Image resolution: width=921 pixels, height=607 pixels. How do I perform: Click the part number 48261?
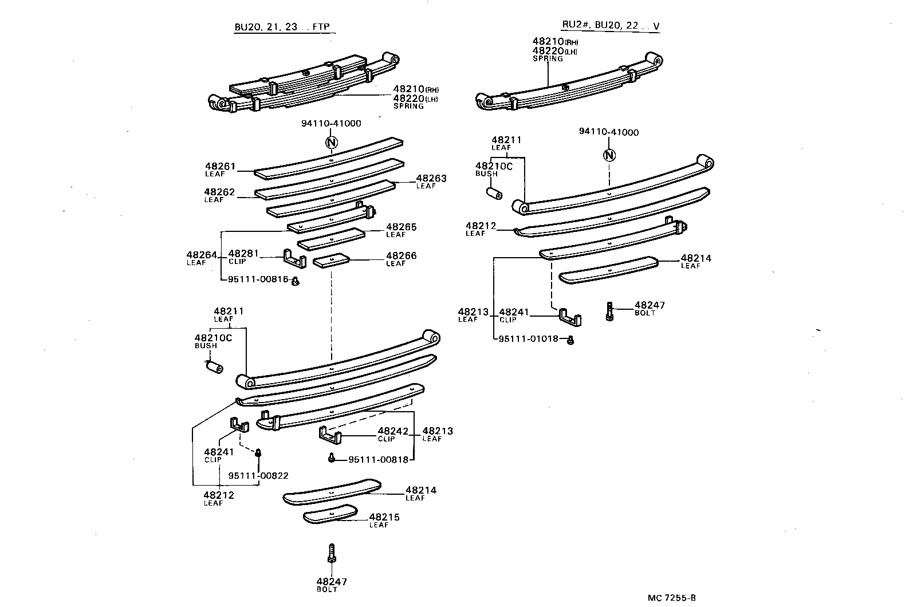pyautogui.click(x=221, y=166)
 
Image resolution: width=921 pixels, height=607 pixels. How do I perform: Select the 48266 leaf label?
pyautogui.click(x=401, y=256)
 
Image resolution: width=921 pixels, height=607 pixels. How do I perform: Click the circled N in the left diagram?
pyautogui.click(x=331, y=143)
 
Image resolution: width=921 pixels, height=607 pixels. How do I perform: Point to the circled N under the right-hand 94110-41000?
pyautogui.click(x=609, y=155)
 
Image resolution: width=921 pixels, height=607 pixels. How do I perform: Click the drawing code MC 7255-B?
pyautogui.click(x=672, y=598)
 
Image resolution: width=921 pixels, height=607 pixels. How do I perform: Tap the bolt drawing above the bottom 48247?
pyautogui.click(x=331, y=554)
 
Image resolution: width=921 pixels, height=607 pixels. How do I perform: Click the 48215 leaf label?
pyautogui.click(x=384, y=518)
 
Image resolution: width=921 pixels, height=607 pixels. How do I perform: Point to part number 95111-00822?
pyautogui.click(x=258, y=475)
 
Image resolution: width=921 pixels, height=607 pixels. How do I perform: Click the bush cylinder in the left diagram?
pyautogui.click(x=215, y=367)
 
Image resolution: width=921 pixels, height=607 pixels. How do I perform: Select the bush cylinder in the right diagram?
pyautogui.click(x=494, y=194)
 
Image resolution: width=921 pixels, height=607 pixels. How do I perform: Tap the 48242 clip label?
pyautogui.click(x=393, y=431)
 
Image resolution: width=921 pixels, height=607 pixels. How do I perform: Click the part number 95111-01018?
pyautogui.click(x=528, y=338)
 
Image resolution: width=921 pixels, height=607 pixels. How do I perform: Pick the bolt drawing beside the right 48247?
pyautogui.click(x=610, y=311)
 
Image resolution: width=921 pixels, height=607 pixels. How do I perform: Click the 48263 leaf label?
pyautogui.click(x=431, y=179)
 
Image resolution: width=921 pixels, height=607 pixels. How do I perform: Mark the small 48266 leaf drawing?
pyautogui.click(x=331, y=261)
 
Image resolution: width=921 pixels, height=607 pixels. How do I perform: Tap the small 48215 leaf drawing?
pyautogui.click(x=330, y=514)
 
